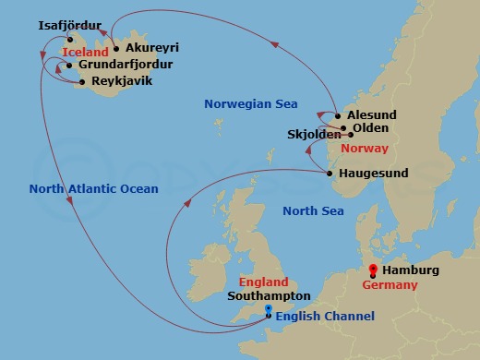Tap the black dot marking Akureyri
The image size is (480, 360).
tap(115, 49)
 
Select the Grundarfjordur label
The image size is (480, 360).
tap(126, 66)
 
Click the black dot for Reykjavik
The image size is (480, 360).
tap(82, 82)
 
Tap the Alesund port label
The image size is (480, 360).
tap(372, 114)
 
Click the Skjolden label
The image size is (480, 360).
tap(314, 134)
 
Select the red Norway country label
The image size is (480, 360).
tap(365, 149)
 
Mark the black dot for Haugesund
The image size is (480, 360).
tap(330, 173)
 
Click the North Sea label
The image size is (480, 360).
tap(313, 211)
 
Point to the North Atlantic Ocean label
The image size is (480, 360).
tap(93, 189)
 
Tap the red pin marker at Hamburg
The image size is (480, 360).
tap(372, 270)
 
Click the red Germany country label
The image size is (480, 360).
tap(391, 285)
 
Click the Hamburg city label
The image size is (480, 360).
tap(411, 270)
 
